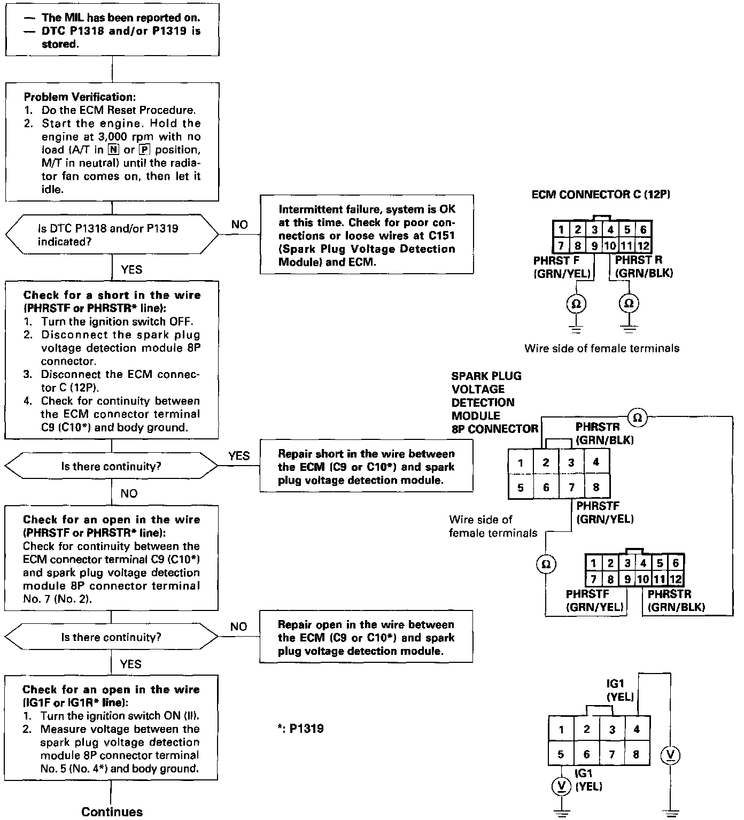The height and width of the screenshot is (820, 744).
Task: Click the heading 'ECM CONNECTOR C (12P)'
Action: click(601, 195)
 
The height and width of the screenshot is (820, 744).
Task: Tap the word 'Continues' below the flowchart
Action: click(112, 811)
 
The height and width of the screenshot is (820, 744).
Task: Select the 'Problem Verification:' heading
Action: click(80, 97)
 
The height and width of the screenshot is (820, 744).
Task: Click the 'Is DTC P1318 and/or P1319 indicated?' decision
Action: click(112, 235)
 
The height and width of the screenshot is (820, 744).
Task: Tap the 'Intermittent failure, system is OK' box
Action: click(367, 235)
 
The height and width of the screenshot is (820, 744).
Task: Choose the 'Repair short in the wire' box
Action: click(366, 467)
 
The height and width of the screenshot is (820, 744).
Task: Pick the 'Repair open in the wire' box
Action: click(366, 637)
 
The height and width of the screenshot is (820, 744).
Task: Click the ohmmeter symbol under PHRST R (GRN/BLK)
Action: click(629, 304)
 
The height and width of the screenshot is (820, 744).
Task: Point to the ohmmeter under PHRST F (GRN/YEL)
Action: click(576, 304)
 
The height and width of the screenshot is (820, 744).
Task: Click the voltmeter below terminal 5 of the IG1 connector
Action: click(561, 785)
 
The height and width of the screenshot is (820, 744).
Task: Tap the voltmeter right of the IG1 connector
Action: click(671, 755)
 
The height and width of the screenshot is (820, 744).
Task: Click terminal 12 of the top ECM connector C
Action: click(644, 246)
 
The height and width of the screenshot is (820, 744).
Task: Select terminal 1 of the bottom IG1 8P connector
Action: click(561, 730)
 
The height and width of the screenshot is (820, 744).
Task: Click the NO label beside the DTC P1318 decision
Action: click(239, 225)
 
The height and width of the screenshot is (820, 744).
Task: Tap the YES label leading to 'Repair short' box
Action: click(239, 456)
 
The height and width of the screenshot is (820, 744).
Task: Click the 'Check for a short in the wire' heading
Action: click(112, 295)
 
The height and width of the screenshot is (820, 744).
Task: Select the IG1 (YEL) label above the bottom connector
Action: click(620, 690)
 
